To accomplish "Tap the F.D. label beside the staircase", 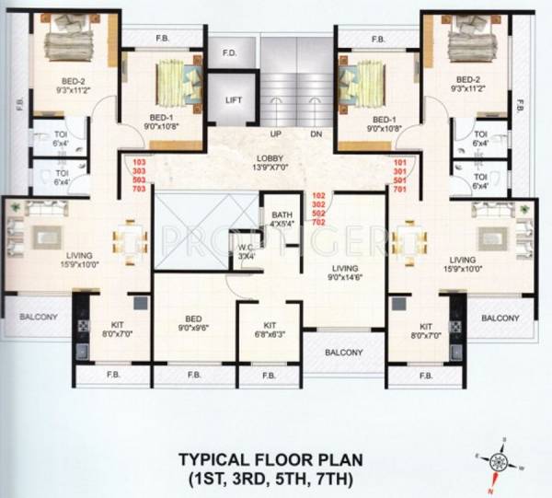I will (229, 53).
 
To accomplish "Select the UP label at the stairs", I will (275, 134).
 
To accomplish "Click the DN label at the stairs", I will (316, 134).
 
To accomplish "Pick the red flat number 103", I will (140, 162).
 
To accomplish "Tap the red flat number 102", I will (319, 195).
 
